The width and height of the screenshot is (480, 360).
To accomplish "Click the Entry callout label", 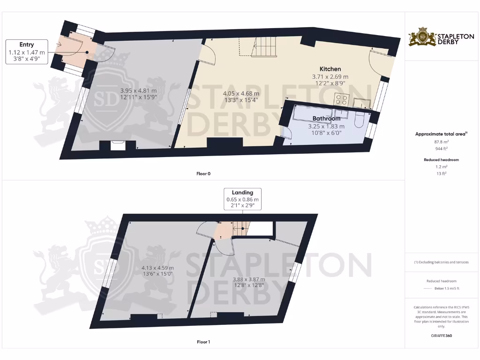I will [27, 45].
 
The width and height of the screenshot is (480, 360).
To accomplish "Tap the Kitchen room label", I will [330, 69].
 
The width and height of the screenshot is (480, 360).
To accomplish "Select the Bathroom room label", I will [326, 119].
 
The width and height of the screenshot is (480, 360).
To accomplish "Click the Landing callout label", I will [242, 192].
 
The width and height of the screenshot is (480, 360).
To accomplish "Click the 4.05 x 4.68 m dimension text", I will [241, 93].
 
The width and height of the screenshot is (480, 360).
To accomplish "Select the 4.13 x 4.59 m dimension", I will [157, 268].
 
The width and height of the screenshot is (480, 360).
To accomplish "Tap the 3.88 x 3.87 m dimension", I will [248, 278].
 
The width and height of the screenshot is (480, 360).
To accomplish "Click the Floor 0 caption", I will [203, 174].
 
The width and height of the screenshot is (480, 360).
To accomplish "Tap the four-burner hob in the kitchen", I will [341, 100].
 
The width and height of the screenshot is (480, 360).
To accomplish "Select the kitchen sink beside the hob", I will [361, 103].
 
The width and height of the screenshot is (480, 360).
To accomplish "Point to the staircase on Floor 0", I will [266, 46].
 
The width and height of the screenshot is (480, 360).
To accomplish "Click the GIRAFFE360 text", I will [442, 336].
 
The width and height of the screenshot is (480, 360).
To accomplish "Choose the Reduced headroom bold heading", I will [442, 160].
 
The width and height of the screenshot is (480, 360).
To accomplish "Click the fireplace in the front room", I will [118, 145].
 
